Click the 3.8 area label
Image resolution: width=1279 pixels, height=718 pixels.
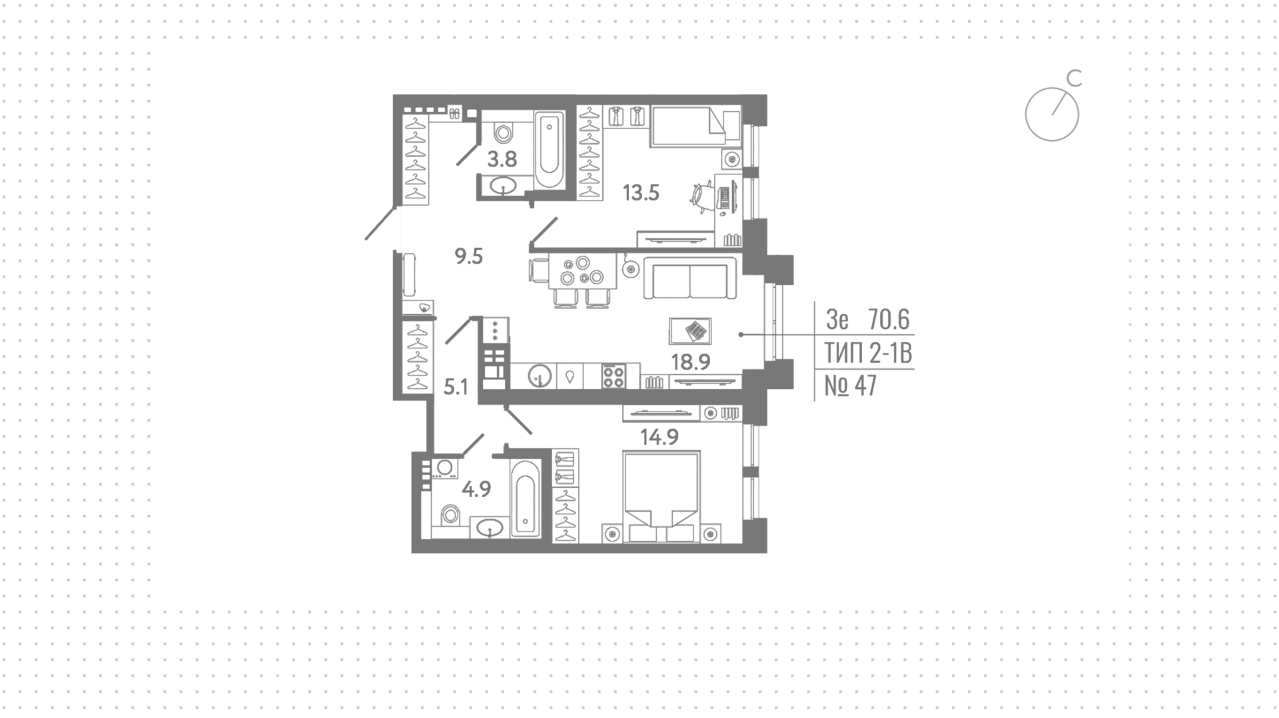coord(502,159)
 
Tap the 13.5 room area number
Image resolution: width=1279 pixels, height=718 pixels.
coord(641,193)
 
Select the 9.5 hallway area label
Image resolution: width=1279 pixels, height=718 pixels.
coord(468,256)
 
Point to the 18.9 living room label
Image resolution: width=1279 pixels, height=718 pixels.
coord(691,362)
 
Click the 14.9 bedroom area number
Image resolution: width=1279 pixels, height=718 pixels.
coord(659,437)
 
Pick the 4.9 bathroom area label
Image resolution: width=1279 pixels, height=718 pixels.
coord(476,490)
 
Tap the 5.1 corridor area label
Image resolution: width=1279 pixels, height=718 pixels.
coord(456,387)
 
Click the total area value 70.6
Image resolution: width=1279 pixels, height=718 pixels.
coord(889,320)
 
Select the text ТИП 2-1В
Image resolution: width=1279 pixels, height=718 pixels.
coord(868,353)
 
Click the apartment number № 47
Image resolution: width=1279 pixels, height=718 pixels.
coord(851,386)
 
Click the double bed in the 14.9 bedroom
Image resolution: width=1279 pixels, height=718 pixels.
coord(661,497)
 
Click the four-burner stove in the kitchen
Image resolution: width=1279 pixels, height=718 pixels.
coord(614,376)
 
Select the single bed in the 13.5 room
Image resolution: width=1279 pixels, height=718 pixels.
coord(695,126)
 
